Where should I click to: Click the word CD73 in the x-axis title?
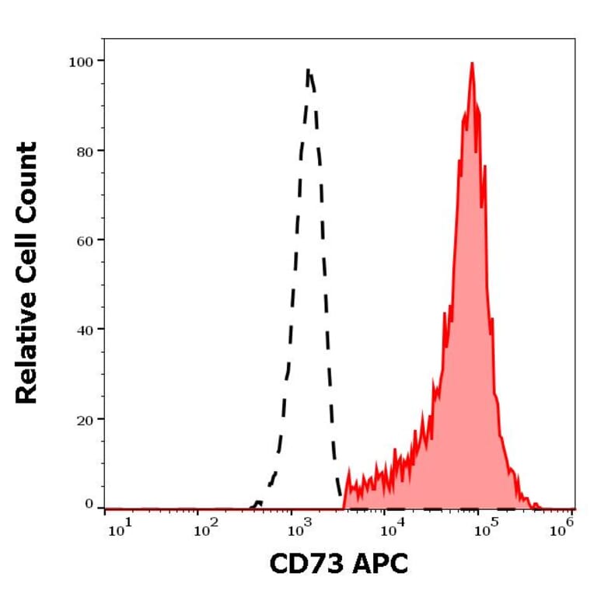point(303,564)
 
